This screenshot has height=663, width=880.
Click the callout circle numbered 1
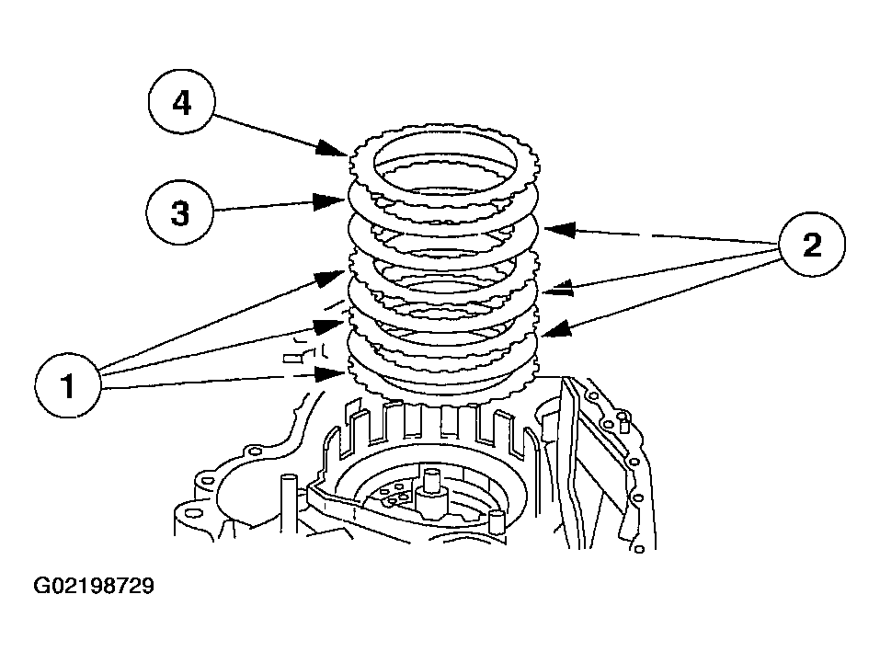tap(68, 385)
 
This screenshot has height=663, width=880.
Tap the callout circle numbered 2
tap(812, 245)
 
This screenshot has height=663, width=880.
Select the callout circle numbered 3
tap(179, 212)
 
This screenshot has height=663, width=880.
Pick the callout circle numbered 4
tap(182, 102)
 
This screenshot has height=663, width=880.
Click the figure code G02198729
tap(93, 586)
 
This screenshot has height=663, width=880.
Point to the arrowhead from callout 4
tap(331, 148)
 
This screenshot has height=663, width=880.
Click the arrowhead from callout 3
tap(329, 201)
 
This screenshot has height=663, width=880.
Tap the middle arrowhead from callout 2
tap(559, 288)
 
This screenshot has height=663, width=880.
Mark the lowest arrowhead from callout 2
tap(556, 329)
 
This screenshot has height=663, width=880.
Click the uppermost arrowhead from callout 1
tap(330, 277)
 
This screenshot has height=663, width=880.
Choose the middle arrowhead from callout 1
tap(329, 326)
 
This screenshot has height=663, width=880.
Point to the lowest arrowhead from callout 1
tap(329, 374)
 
